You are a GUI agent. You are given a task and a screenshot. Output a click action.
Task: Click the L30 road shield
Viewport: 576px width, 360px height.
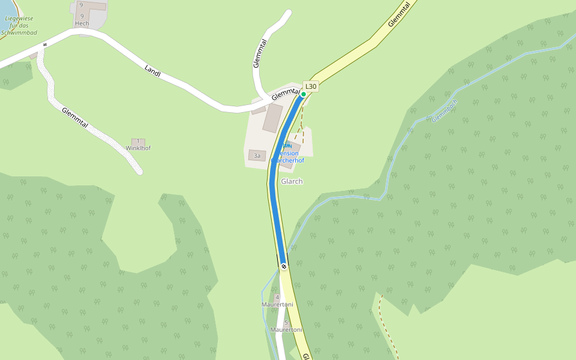[x=310, y=86]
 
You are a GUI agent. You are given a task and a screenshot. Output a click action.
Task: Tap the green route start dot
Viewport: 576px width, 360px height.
[x=304, y=94]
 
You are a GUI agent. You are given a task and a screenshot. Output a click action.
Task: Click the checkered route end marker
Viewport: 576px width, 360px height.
[x=283, y=266]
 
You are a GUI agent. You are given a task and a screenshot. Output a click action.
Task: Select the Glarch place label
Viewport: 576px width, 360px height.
[x=292, y=181]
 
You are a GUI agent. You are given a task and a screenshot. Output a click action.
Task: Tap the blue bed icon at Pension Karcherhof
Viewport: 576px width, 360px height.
[x=287, y=146]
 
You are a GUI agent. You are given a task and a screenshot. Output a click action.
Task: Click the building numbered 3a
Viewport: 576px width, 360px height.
[x=257, y=156]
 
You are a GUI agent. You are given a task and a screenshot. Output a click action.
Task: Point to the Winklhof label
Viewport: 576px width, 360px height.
[x=138, y=148]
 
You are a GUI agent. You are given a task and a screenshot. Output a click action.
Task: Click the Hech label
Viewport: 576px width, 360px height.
[x=82, y=23]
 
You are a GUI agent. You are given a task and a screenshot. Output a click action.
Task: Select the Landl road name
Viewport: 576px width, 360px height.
[x=153, y=71]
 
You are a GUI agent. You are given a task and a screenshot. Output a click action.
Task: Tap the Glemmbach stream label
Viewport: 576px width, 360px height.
[x=444, y=111]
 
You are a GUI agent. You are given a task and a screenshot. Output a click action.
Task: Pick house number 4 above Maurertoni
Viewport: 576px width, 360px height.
[x=277, y=297]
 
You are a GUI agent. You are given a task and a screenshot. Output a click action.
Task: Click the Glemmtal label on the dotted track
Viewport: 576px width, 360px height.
[x=75, y=117]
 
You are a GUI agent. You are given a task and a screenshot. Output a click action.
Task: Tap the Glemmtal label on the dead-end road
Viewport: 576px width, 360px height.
[x=260, y=53]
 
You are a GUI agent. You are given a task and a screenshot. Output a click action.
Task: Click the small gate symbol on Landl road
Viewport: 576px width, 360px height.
[x=44, y=45]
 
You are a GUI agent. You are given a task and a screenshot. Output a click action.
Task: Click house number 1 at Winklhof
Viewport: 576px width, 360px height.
[x=138, y=142]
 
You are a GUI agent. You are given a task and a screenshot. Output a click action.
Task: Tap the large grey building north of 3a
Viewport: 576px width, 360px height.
[x=272, y=118]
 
